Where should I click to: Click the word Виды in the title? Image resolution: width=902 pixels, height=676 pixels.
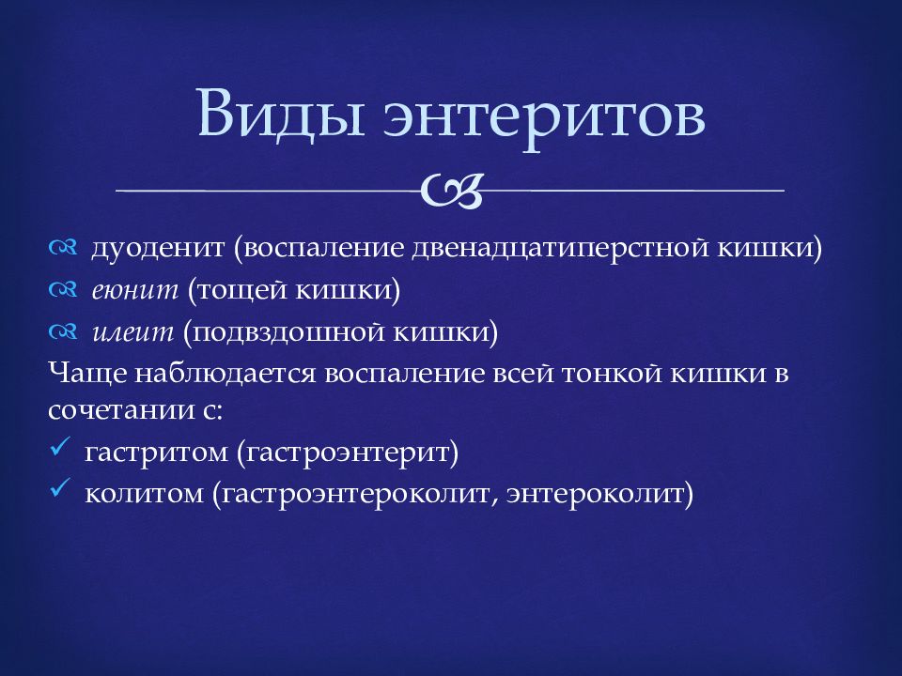[281, 113]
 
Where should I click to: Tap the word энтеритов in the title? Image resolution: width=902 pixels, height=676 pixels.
[544, 118]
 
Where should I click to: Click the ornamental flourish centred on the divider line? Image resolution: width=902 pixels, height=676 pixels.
[452, 191]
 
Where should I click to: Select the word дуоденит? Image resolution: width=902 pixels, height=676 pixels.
[158, 248]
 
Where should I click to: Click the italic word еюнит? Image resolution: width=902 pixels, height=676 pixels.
[135, 290]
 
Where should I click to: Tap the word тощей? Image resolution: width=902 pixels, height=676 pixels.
[242, 290]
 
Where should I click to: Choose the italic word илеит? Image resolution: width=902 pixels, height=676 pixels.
[132, 332]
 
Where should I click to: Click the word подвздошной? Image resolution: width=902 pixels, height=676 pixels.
[288, 332]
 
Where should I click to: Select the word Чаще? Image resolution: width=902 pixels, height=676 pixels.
[87, 374]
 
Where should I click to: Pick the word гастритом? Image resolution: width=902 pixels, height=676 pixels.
[157, 453]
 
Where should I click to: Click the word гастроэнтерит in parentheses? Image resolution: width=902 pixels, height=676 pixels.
[348, 453]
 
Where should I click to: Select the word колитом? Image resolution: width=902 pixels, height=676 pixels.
[145, 495]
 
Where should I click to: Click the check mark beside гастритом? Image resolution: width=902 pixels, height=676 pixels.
[60, 446]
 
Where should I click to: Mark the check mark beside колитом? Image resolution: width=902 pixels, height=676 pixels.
[60, 488]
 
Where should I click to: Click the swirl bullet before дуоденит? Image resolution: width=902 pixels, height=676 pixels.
[63, 248]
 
